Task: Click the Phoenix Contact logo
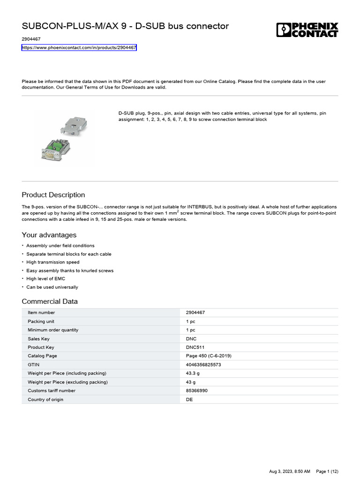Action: click(307, 30)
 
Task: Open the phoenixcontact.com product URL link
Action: click(79, 48)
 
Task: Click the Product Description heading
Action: click(53, 195)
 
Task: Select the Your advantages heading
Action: click(49, 235)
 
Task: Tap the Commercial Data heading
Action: click(50, 301)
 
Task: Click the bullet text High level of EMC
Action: click(45, 279)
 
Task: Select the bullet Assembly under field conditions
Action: click(60, 246)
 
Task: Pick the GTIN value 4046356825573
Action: click(203, 365)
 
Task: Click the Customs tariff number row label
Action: click(51, 390)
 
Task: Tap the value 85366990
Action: click(197, 390)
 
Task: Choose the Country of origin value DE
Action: click(189, 399)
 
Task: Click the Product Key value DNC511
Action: click(195, 347)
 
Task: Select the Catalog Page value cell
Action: click(209, 356)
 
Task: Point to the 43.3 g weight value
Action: click(193, 373)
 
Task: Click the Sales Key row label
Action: click(38, 338)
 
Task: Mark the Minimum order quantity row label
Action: click(53, 330)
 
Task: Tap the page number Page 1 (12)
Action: click(327, 471)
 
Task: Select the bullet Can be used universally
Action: click(52, 287)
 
